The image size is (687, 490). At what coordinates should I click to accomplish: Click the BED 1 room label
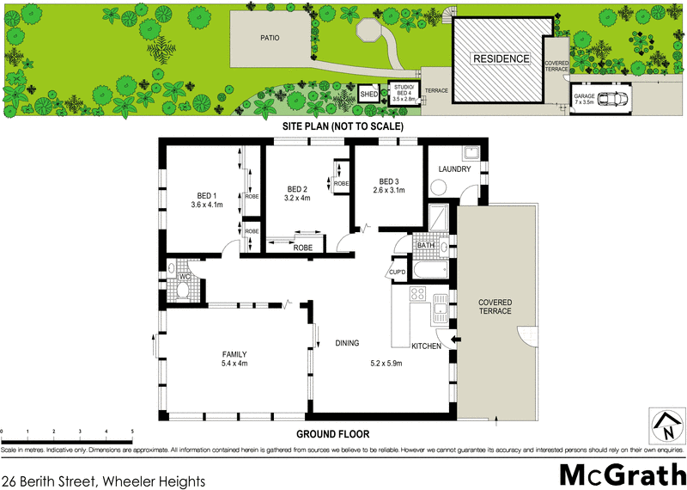(207, 194)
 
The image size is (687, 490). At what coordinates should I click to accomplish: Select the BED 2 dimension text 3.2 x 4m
(296, 199)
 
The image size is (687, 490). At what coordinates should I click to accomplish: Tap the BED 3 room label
(389, 181)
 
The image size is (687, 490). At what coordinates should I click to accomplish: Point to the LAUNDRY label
(454, 169)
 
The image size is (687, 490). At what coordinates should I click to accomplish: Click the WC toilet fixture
(181, 290)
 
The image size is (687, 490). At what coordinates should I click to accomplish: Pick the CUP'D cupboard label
(398, 273)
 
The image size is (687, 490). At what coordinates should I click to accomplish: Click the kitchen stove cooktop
(418, 295)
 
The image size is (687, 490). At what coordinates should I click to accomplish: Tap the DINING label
(347, 344)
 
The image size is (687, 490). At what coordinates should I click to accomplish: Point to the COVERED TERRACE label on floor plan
(496, 307)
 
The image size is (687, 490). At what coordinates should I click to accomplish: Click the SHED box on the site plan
(369, 94)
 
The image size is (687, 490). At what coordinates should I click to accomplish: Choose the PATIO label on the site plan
(275, 39)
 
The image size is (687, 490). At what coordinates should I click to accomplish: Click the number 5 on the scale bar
(131, 432)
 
